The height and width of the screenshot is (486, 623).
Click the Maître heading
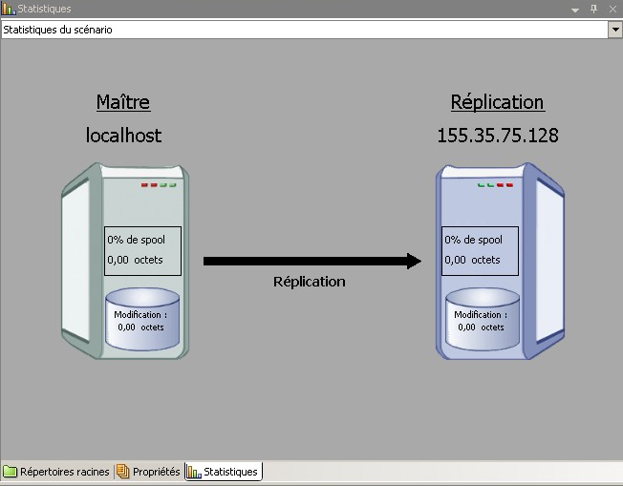123,102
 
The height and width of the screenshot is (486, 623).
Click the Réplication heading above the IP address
497,102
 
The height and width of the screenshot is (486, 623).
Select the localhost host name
123,136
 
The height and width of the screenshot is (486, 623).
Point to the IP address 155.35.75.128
497,136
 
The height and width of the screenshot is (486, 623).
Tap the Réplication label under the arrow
309,282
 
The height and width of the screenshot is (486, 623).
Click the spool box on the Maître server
141,250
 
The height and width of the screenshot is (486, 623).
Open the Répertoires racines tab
57,472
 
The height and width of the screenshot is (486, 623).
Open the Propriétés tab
149,472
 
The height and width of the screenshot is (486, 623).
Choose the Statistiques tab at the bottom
224,472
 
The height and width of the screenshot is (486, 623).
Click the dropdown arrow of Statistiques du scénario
614,30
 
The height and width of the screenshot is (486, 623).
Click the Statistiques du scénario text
57,30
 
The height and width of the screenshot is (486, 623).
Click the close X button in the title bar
612,9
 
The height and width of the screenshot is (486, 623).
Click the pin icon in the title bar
593,9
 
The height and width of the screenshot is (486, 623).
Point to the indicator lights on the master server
159,185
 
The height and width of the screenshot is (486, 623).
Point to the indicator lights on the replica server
496,185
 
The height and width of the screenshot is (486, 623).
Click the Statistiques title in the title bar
44,9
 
